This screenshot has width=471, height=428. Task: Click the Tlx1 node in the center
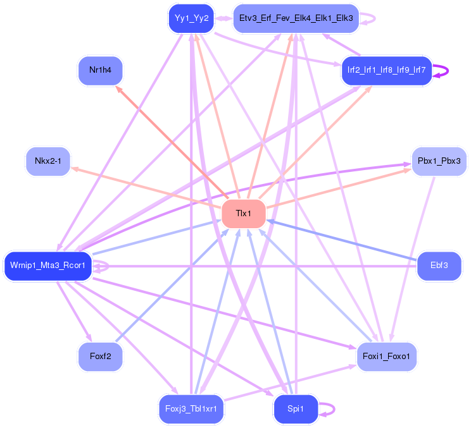(243, 214)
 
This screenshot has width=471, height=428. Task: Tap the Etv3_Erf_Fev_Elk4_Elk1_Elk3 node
(296, 18)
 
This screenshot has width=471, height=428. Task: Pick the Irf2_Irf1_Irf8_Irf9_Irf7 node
(386, 70)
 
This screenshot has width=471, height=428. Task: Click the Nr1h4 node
(100, 70)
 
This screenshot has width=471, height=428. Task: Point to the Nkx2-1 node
(48, 162)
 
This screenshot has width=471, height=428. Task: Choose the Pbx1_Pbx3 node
(439, 162)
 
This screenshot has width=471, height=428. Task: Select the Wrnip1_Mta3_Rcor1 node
(48, 265)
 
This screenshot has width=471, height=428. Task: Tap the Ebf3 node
(439, 265)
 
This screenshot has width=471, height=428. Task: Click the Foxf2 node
(100, 357)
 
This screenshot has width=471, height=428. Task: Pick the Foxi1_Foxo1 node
(386, 357)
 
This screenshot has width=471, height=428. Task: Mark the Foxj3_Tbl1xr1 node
(191, 408)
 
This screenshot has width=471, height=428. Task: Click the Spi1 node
(295, 408)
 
